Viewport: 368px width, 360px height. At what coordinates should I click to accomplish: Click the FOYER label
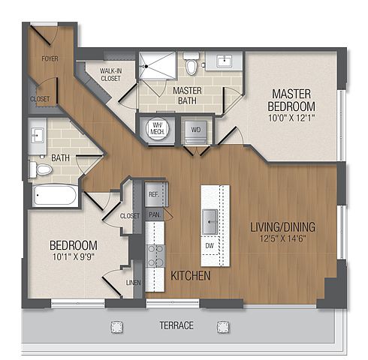pyautogui.click(x=50, y=58)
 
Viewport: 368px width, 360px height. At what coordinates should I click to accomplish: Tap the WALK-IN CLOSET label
pyautogui.click(x=110, y=74)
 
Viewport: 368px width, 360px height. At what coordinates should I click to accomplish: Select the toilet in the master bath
pyautogui.click(x=192, y=64)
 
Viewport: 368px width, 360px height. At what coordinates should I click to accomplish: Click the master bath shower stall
pyautogui.click(x=157, y=65)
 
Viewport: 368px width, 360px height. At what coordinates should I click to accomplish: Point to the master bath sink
pyautogui.click(x=225, y=61)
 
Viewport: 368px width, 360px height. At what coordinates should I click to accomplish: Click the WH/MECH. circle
pyautogui.click(x=157, y=128)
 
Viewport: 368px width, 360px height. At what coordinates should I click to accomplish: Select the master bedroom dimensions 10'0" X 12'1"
pyautogui.click(x=291, y=118)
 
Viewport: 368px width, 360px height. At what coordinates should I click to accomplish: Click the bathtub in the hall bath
pyautogui.click(x=55, y=196)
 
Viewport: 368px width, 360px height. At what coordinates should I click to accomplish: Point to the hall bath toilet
pyautogui.click(x=41, y=169)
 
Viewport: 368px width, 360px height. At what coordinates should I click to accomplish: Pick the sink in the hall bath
pyautogui.click(x=38, y=135)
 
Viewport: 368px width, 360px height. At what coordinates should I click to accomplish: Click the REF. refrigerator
pyautogui.click(x=155, y=194)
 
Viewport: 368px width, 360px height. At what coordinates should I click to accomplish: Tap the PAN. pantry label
pyautogui.click(x=155, y=214)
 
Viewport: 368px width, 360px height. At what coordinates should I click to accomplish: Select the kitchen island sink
pyautogui.click(x=210, y=222)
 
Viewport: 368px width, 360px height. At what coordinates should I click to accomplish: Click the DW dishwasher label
pyautogui.click(x=210, y=245)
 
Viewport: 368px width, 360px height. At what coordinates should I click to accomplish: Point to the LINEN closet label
pyautogui.click(x=134, y=283)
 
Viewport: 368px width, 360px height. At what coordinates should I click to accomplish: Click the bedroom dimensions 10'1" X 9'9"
pyautogui.click(x=74, y=257)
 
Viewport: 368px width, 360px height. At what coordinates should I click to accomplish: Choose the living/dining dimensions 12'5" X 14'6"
pyautogui.click(x=283, y=238)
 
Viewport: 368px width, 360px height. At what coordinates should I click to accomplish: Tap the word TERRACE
pyautogui.click(x=176, y=325)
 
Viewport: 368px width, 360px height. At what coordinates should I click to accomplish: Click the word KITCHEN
pyautogui.click(x=191, y=276)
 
